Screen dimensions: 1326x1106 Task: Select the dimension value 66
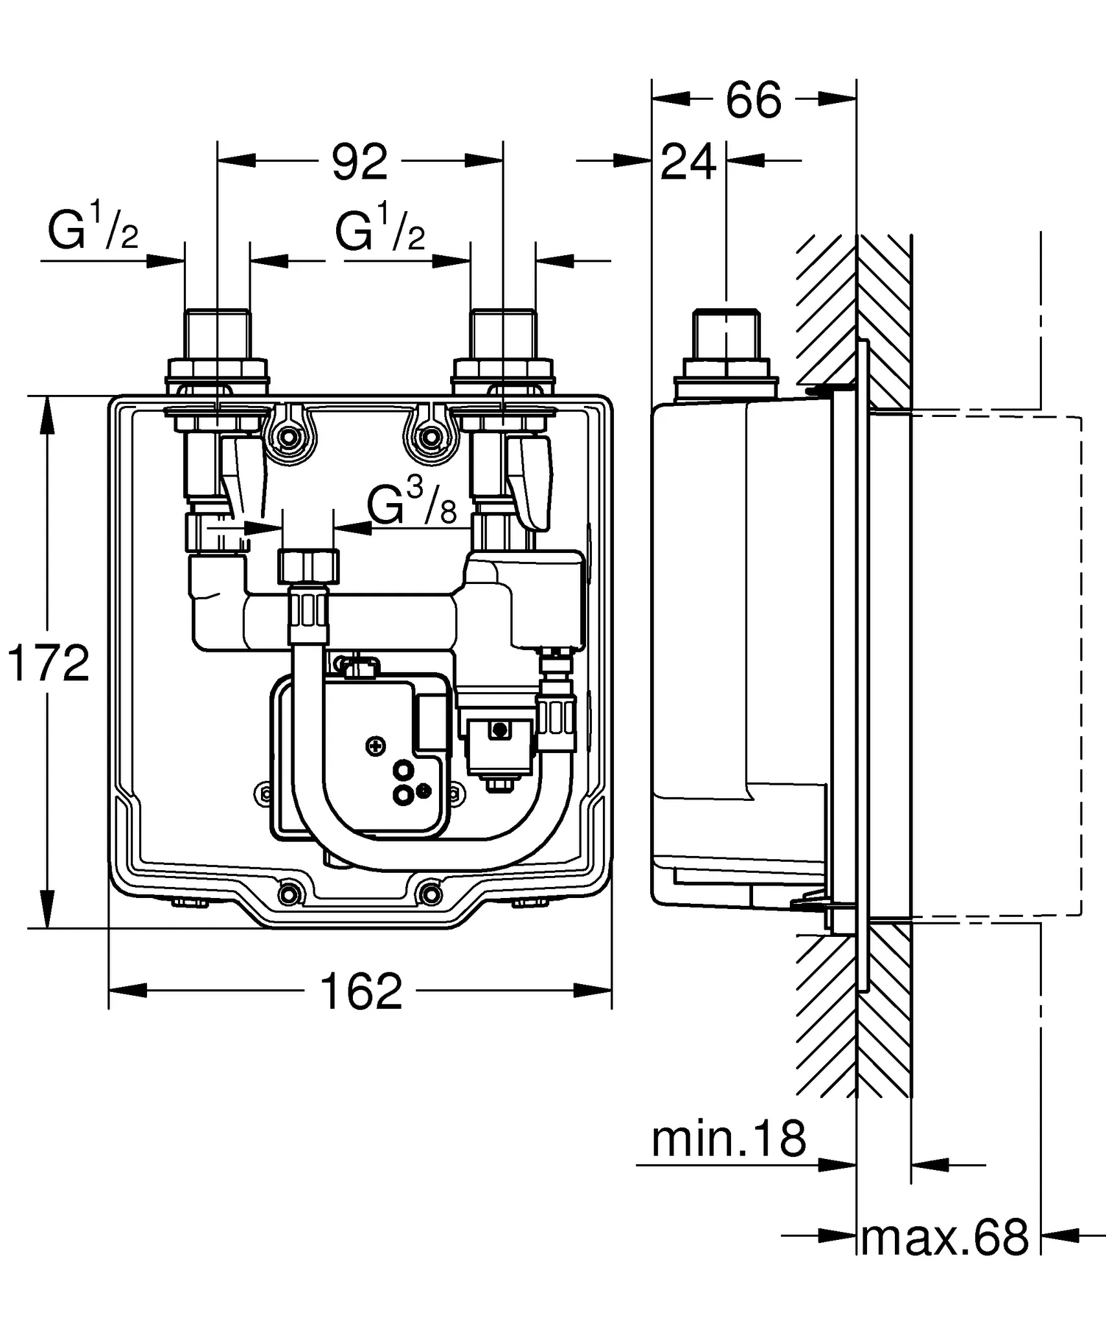(753, 100)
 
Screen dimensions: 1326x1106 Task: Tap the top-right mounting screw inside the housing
(428, 438)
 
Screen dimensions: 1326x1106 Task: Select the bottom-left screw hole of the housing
(289, 894)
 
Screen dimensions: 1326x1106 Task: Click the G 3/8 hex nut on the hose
(309, 565)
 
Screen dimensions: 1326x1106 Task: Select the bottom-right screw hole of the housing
(430, 894)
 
